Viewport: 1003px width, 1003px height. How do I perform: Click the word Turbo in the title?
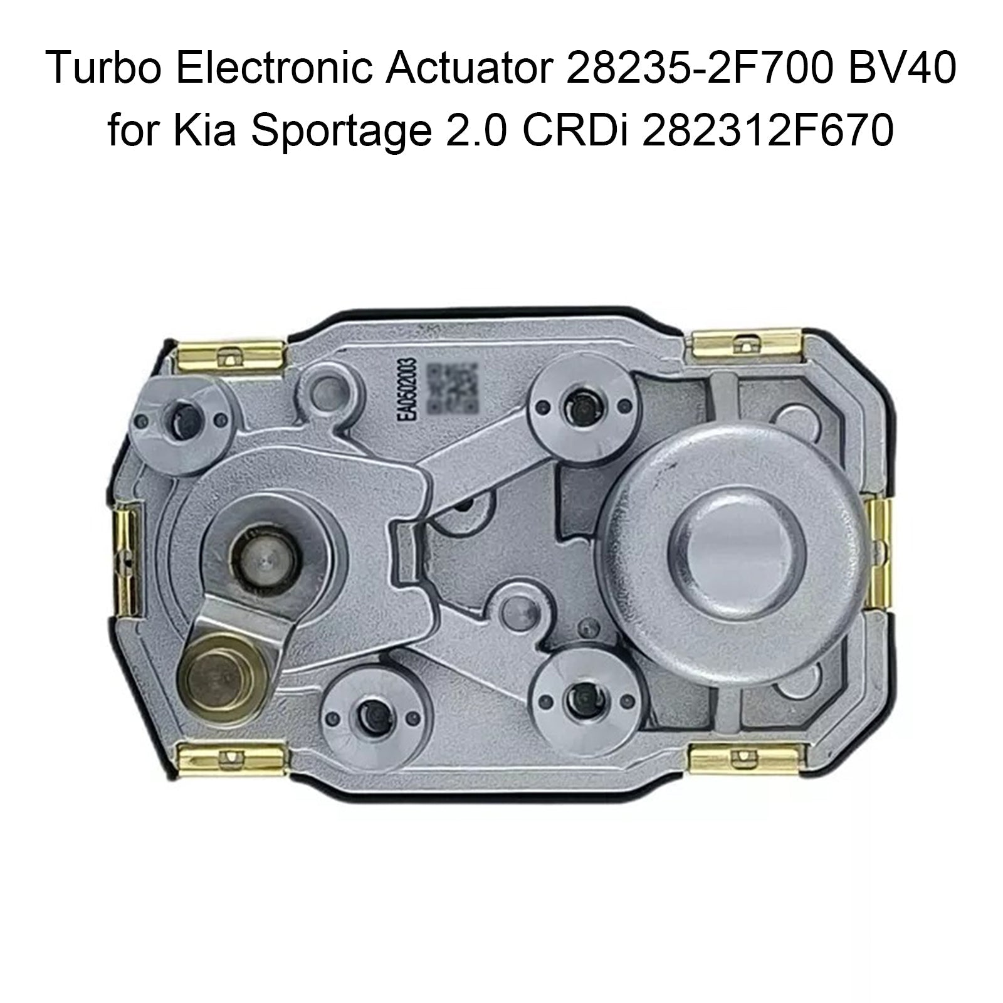(103, 83)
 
